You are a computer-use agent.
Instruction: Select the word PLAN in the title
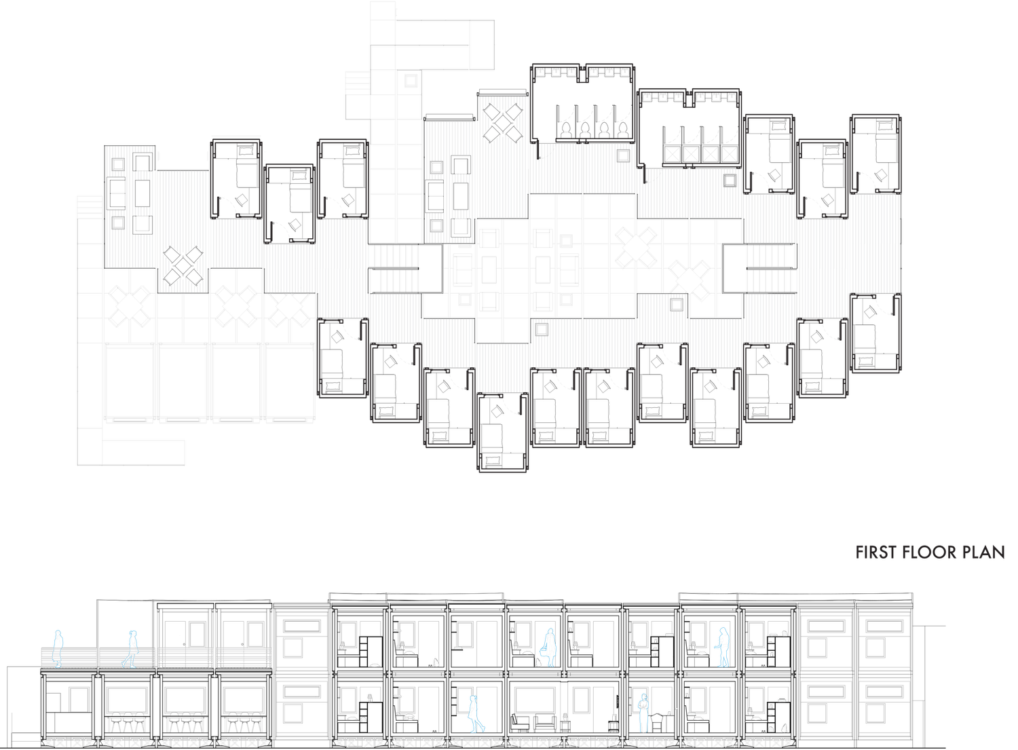click(983, 553)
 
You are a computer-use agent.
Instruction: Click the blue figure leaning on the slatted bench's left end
click(58, 649)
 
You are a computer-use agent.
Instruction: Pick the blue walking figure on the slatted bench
click(130, 649)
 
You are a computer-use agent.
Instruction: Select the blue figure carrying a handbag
click(548, 648)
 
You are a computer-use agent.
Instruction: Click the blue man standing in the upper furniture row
click(723, 648)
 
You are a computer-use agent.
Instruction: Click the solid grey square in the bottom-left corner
click(24, 722)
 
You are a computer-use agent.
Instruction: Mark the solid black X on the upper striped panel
click(503, 122)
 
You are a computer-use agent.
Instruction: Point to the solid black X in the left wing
click(183, 265)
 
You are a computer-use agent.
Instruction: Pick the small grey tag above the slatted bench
click(181, 639)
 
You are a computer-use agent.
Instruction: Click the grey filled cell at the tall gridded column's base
click(383, 230)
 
